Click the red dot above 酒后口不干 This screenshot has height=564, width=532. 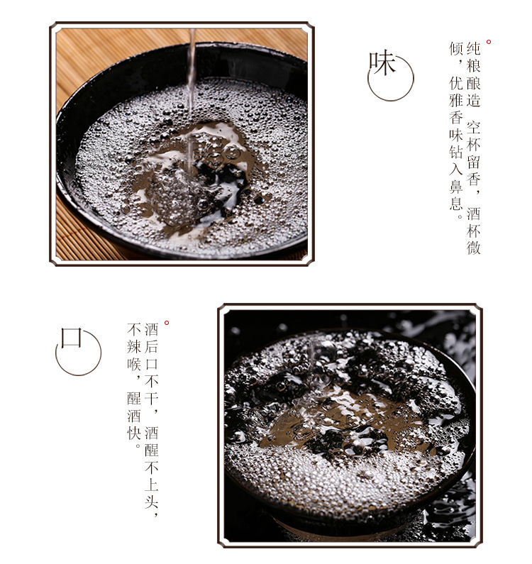pyautogui.click(x=167, y=323)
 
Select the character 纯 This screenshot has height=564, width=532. pyautogui.click(x=474, y=50)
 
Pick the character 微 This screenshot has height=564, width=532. pyautogui.click(x=474, y=248)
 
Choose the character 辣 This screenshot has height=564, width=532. pyautogui.click(x=134, y=347)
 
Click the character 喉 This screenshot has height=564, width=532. pyautogui.click(x=134, y=365)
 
